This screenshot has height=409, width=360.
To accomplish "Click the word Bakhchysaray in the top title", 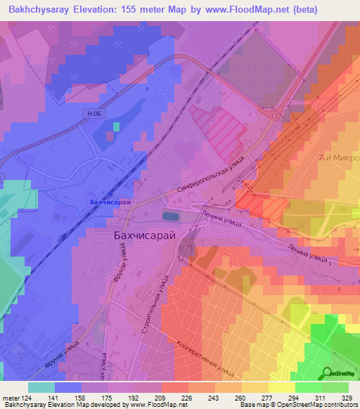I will pos(40,10).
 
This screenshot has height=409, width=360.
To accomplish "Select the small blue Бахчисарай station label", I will pos(111,202).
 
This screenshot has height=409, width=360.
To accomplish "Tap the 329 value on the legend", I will pos(347,398).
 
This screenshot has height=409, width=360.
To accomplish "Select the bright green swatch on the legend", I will pos(308,387).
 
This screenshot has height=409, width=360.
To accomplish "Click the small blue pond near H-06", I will pos(115,127).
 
